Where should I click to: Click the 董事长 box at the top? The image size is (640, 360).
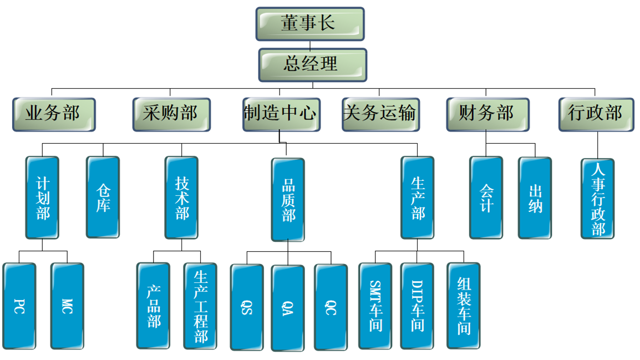tap(310, 24)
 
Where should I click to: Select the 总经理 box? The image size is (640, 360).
tap(312, 64)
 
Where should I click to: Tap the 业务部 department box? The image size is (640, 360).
tap(54, 114)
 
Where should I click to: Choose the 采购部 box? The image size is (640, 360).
tap(171, 114)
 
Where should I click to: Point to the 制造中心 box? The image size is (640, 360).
tap(281, 114)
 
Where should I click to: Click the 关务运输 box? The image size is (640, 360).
tap(380, 114)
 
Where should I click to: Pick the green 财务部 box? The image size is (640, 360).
tap(487, 114)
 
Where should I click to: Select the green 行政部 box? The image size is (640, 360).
tap(596, 114)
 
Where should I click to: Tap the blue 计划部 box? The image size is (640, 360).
tap(43, 197)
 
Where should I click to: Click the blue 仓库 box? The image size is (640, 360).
tap(103, 197)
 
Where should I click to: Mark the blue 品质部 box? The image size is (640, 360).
tap(288, 200)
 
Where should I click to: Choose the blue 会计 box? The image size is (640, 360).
tap(486, 197)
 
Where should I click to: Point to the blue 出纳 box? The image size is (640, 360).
tap(535, 198)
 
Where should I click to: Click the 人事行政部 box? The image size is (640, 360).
tap(598, 199)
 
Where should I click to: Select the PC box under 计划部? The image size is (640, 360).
tap(19, 306)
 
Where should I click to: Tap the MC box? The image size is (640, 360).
tap(67, 306)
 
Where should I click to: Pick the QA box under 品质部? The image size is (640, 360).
tap(287, 307)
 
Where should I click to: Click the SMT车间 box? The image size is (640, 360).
tap(375, 306)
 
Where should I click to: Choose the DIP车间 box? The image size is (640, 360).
tap(417, 306)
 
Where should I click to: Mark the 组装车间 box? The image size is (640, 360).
tap(464, 306)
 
